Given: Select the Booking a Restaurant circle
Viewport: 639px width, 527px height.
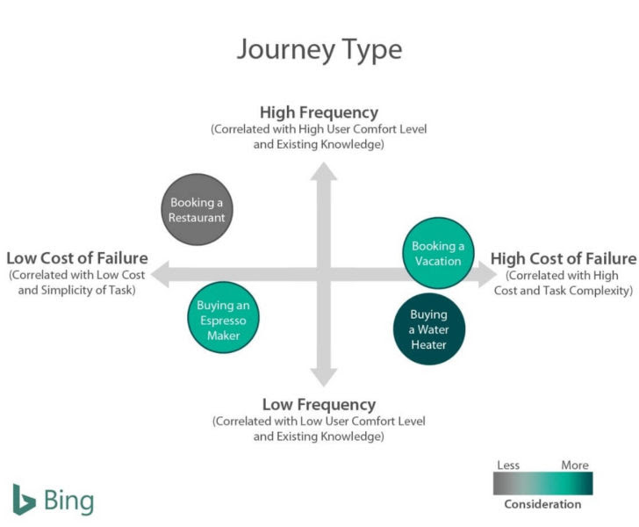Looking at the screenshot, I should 197,210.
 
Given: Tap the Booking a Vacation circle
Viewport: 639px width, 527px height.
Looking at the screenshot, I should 437,253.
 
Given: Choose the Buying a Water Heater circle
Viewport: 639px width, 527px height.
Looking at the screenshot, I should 428,329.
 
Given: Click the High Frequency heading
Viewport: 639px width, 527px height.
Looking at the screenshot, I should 319,112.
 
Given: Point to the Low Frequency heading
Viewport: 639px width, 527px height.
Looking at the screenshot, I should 319,405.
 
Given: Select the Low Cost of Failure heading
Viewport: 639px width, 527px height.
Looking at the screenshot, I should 77,258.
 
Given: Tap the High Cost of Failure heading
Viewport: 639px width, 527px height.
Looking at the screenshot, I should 563,258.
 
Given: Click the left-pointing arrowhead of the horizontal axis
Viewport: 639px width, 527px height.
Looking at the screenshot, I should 161,275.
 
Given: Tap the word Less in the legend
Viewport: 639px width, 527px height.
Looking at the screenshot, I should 507,465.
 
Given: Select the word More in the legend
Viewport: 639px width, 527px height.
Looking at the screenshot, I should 575,465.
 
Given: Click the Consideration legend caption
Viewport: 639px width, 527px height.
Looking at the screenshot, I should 542,504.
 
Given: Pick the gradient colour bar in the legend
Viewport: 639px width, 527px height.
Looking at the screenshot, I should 542,484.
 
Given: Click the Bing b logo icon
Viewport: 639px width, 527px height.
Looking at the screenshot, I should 24,499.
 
